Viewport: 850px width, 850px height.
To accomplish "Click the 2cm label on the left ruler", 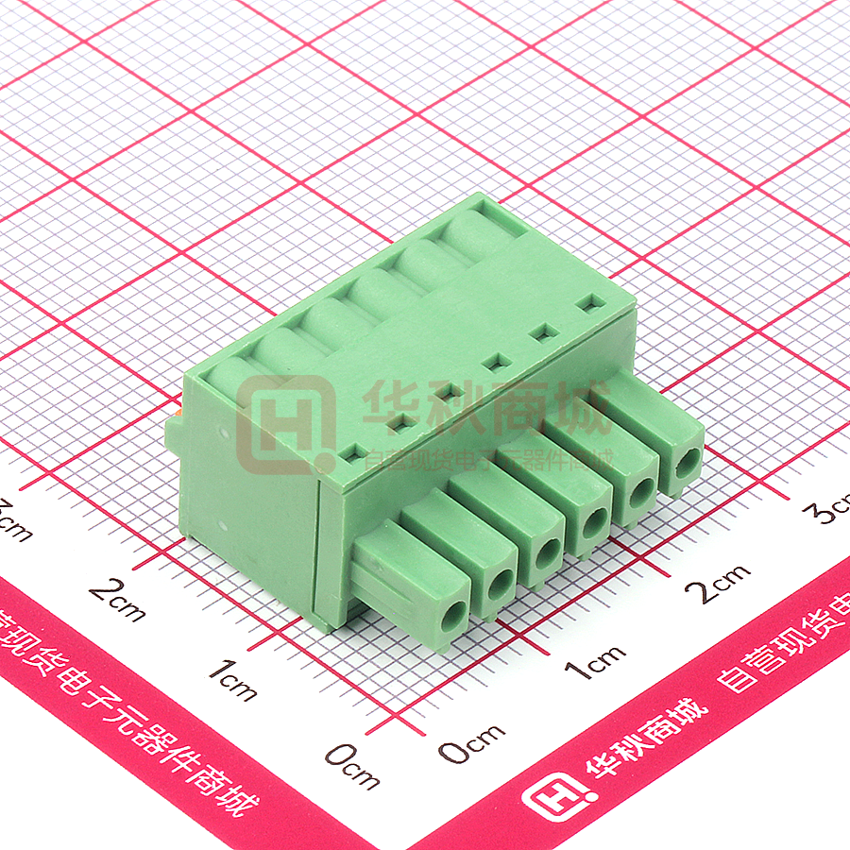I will tap(118, 600).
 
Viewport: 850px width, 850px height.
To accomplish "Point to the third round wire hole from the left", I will tap(546, 553).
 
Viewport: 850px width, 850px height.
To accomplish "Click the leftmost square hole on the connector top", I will tap(351, 454).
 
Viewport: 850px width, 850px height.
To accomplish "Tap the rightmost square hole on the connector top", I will tap(592, 304).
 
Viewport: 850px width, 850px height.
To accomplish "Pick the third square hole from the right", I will tap(492, 361).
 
